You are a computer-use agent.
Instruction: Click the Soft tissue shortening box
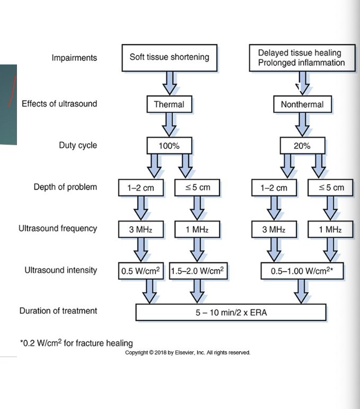(169, 57)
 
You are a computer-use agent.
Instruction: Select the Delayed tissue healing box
(300, 57)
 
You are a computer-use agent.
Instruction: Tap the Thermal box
(169, 104)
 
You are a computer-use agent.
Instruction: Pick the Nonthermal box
(302, 104)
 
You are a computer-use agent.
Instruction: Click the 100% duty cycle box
(169, 146)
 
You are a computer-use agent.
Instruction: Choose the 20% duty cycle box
(302, 146)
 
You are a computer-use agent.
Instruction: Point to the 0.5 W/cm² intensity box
(142, 271)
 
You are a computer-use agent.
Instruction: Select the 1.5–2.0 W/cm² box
(198, 271)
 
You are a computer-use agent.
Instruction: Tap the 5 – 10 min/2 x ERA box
(231, 312)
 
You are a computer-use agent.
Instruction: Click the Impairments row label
(74, 58)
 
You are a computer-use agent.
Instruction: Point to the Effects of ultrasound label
(59, 104)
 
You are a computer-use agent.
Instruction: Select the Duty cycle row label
(78, 145)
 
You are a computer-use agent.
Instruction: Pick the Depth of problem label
(65, 187)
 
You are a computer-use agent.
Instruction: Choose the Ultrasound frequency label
(58, 229)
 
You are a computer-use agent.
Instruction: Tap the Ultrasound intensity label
(61, 270)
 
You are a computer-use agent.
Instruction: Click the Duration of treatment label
(58, 311)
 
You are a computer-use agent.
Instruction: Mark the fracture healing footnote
(76, 343)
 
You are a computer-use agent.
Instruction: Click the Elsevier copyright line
(187, 353)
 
